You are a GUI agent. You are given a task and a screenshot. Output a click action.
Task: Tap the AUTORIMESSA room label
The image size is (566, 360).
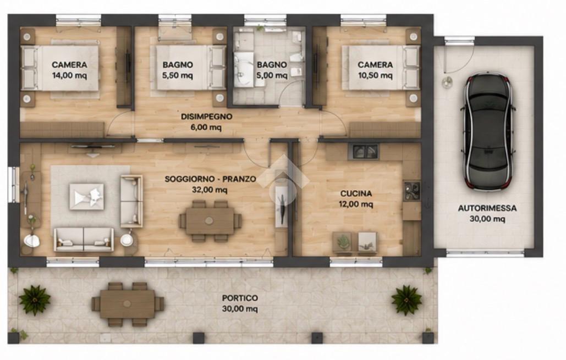click(487, 208)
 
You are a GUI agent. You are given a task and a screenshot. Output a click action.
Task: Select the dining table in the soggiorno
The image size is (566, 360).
click(210, 221)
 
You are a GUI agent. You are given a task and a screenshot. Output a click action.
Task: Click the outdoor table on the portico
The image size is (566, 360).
click(128, 304)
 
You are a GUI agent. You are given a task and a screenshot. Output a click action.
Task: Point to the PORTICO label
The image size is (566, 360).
click(240, 298)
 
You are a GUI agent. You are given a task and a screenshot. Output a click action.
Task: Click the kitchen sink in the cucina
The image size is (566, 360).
click(363, 152)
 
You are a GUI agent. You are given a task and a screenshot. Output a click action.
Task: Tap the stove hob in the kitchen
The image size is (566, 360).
click(412, 191)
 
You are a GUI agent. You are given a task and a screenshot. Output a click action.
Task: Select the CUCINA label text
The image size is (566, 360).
click(356, 193)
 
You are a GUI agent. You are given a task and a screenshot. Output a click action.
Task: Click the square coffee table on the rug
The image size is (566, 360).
click(87, 197)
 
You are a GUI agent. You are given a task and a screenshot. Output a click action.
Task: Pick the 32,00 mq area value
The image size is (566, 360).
click(210, 190)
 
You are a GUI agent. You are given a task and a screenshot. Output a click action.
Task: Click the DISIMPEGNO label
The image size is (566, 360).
click(206, 117)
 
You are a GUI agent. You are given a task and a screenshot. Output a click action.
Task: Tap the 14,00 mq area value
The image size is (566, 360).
click(69, 75)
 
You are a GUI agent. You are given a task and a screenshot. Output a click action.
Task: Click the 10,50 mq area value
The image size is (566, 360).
click(375, 75)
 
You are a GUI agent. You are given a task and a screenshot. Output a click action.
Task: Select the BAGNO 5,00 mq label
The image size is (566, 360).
click(272, 70)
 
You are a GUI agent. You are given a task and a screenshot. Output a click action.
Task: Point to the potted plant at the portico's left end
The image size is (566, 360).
click(35, 300)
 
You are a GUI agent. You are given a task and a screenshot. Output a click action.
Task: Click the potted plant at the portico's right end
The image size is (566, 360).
click(406, 300)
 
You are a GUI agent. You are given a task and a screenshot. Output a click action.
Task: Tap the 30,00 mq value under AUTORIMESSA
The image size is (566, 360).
click(487, 219)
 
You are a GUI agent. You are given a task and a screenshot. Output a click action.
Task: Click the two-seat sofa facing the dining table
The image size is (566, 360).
click(131, 201)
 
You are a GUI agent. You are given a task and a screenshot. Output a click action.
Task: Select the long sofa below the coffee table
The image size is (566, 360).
click(84, 239)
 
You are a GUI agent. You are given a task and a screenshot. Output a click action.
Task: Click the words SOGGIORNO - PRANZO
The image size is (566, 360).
click(211, 179)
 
